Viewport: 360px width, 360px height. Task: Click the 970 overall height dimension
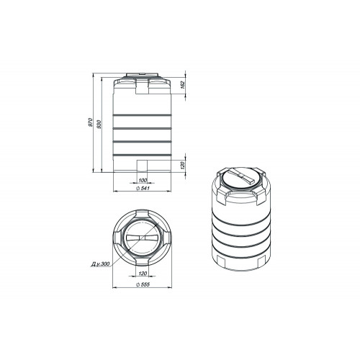point(91,122)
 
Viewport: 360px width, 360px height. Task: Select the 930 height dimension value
point(99,124)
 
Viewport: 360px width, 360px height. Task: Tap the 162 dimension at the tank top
point(182,85)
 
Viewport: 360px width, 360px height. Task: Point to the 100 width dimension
point(143,180)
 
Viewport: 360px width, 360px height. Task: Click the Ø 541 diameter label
point(143,189)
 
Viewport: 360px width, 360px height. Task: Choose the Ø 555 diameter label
point(143,284)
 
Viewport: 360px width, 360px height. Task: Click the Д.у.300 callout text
point(100,264)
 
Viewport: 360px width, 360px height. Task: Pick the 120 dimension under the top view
point(143,274)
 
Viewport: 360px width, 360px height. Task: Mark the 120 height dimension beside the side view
point(182,166)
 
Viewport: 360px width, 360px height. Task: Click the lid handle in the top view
point(142,238)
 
